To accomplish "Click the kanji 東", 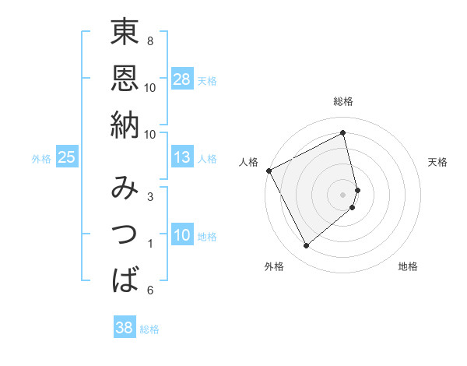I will [125, 33].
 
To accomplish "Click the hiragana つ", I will [125, 233].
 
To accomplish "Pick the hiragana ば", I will [125, 278].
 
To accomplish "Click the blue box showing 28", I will [182, 79].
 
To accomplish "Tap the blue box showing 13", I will [182, 157].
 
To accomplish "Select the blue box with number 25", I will [66, 157].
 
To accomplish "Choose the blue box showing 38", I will [124, 328].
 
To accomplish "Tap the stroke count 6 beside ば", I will [149, 290].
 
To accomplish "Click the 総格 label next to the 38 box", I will [149, 329].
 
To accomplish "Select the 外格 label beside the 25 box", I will [41, 159].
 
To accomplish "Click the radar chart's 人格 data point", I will [269, 171].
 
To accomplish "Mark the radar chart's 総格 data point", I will [343, 132].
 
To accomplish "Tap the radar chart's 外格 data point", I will [306, 246].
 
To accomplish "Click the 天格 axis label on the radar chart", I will [438, 162].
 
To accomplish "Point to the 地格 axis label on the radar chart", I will [408, 266].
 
